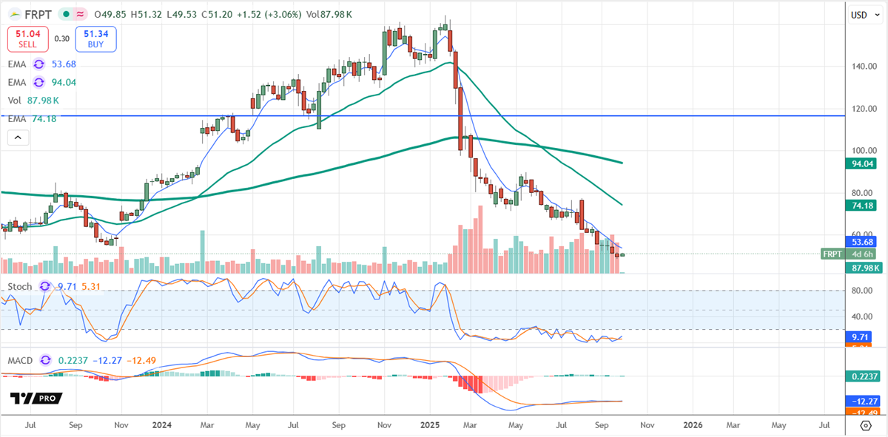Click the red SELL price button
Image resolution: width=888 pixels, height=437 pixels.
point(28,38)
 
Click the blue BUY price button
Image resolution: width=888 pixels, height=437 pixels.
point(95,38)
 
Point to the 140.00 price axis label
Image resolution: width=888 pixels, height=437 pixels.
point(859,67)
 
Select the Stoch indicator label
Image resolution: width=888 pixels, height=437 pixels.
point(20,286)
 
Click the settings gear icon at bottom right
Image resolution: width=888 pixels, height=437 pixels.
point(865,425)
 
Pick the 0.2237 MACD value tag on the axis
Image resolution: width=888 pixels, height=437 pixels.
point(863,376)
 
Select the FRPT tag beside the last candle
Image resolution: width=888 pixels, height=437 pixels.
point(832,254)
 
